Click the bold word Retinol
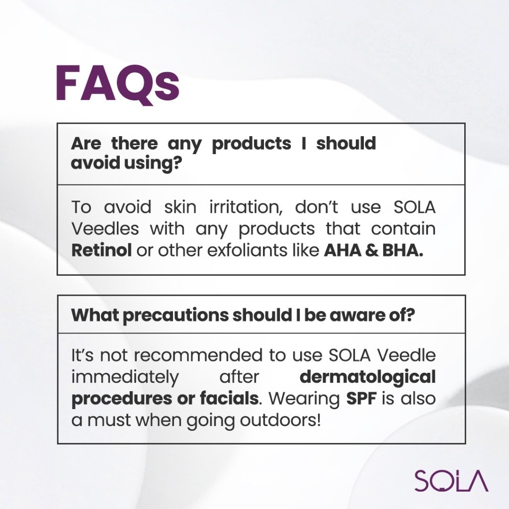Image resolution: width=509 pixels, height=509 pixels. click(x=101, y=251)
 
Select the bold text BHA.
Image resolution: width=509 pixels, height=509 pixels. click(x=403, y=251)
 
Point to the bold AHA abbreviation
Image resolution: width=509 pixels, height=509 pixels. click(x=342, y=251)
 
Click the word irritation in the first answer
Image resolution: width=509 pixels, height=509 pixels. click(x=246, y=207)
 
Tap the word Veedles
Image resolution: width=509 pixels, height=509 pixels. click(x=105, y=229)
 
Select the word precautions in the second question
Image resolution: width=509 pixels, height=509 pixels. click(x=175, y=315)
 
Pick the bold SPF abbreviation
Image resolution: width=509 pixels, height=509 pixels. click(x=361, y=398)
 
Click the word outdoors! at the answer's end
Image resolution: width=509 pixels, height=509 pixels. click(x=280, y=420)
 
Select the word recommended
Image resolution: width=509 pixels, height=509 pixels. click(x=198, y=355)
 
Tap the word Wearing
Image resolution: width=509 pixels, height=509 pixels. click(x=304, y=399)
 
